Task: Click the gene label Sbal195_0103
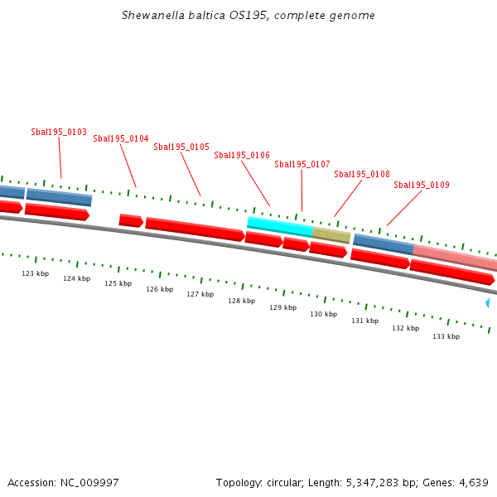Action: tap(59, 132)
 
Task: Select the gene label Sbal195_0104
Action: tap(121, 138)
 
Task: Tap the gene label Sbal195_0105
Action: tap(181, 147)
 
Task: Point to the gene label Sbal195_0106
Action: tap(242, 155)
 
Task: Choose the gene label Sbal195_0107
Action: tap(302, 164)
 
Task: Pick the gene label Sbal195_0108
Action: tap(362, 174)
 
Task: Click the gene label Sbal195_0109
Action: tap(422, 185)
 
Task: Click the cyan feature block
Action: tap(280, 224)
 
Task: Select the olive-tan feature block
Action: tap(331, 235)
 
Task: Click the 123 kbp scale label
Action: tap(36, 273)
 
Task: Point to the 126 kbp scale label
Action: tap(160, 289)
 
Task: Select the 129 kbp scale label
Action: tap(283, 307)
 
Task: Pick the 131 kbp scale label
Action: tap(364, 321)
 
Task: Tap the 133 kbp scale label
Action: tap(446, 336)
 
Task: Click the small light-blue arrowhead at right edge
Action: tap(488, 303)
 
